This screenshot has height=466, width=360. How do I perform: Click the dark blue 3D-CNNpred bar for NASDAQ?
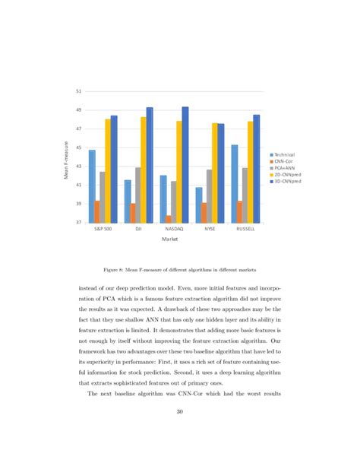(x=185, y=165)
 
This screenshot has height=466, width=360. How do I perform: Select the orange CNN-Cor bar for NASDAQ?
(x=168, y=219)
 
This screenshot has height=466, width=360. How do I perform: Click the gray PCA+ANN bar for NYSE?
(x=209, y=196)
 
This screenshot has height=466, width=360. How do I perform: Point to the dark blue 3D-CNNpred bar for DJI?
(x=150, y=165)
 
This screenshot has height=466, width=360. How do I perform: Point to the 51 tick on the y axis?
(x=78, y=92)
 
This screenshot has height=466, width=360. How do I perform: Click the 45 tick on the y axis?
(x=78, y=147)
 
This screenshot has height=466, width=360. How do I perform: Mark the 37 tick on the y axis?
(x=78, y=223)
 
